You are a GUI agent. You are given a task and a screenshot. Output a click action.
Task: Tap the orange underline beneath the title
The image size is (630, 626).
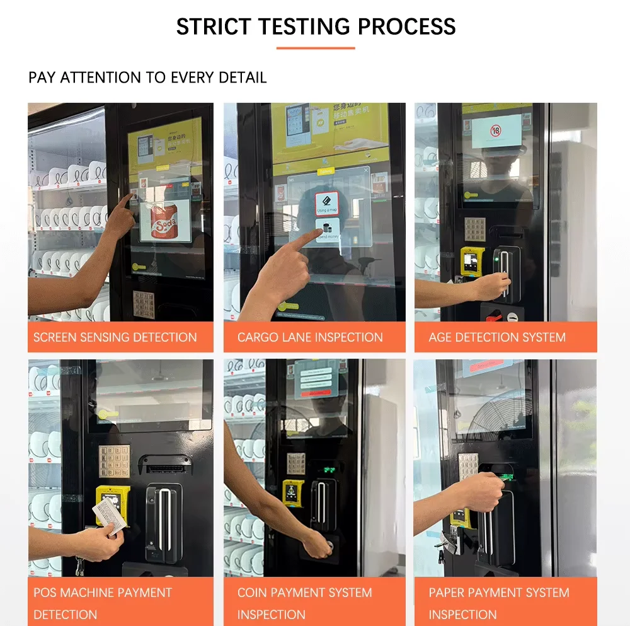tap(316, 48)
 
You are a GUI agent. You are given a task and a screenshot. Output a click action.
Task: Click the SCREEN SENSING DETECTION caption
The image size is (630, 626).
tap(115, 337)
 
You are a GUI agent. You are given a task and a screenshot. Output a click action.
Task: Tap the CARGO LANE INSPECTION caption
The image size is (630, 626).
tap(310, 337)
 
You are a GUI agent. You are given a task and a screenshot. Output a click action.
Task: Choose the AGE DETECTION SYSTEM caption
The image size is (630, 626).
tap(497, 337)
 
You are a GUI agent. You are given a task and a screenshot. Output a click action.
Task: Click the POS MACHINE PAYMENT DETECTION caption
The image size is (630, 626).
tap(103, 603)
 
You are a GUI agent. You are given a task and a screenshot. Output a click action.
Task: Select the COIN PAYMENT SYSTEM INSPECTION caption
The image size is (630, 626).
tap(304, 603)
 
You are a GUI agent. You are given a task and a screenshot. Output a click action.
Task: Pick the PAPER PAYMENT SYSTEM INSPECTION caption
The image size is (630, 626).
tap(498, 603)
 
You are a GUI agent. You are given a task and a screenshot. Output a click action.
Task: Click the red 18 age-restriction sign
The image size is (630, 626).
tap(496, 131)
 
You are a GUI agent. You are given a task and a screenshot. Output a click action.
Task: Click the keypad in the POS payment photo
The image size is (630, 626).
tap(114, 461)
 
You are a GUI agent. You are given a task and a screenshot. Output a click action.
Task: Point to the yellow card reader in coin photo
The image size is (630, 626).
tap(292, 493)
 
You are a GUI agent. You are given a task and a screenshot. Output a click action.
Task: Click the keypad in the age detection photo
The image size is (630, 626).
tap(474, 230)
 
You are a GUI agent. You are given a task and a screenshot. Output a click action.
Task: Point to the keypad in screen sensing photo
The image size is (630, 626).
tap(144, 304)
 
